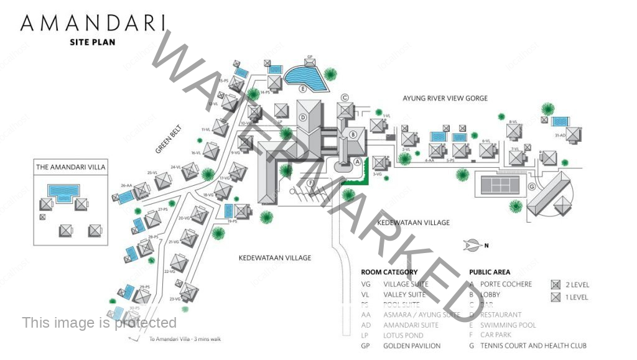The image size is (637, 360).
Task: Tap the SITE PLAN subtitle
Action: pyautogui.click(x=93, y=42)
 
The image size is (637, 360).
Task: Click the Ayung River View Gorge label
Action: pyautogui.click(x=445, y=98)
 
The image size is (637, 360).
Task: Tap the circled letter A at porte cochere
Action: pyautogui.click(x=357, y=160)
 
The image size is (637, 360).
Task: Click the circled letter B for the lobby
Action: pyautogui.click(x=353, y=134)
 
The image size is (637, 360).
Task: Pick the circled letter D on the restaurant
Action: pyautogui.click(x=304, y=117)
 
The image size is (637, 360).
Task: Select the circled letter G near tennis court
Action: pyautogui.click(x=532, y=186)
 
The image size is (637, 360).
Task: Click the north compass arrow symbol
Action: pyautogui.click(x=474, y=245)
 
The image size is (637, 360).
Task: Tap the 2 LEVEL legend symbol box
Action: pyautogui.click(x=556, y=285)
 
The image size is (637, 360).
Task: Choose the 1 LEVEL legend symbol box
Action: pyautogui.click(x=556, y=297)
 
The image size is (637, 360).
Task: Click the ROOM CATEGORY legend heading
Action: pyautogui.click(x=389, y=272)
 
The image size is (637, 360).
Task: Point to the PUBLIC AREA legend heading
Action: pyautogui.click(x=490, y=272)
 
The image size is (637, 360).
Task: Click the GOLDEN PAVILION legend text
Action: pyautogui.click(x=412, y=346)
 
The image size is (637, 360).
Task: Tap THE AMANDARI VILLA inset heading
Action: pyautogui.click(x=71, y=167)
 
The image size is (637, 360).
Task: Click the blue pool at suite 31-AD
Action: pyautogui.click(x=560, y=121)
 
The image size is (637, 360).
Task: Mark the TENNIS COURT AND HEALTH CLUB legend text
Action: pyautogui.click(x=533, y=346)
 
